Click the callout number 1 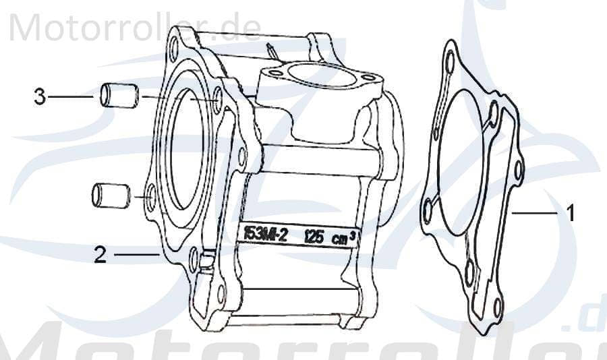[570, 214]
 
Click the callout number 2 [100, 256]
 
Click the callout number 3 [40, 97]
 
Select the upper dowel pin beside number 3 [119, 96]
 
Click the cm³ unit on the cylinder [344, 237]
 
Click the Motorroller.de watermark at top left [135, 27]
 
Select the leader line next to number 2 [136, 255]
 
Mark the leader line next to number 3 [70, 97]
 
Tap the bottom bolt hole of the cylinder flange [221, 292]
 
